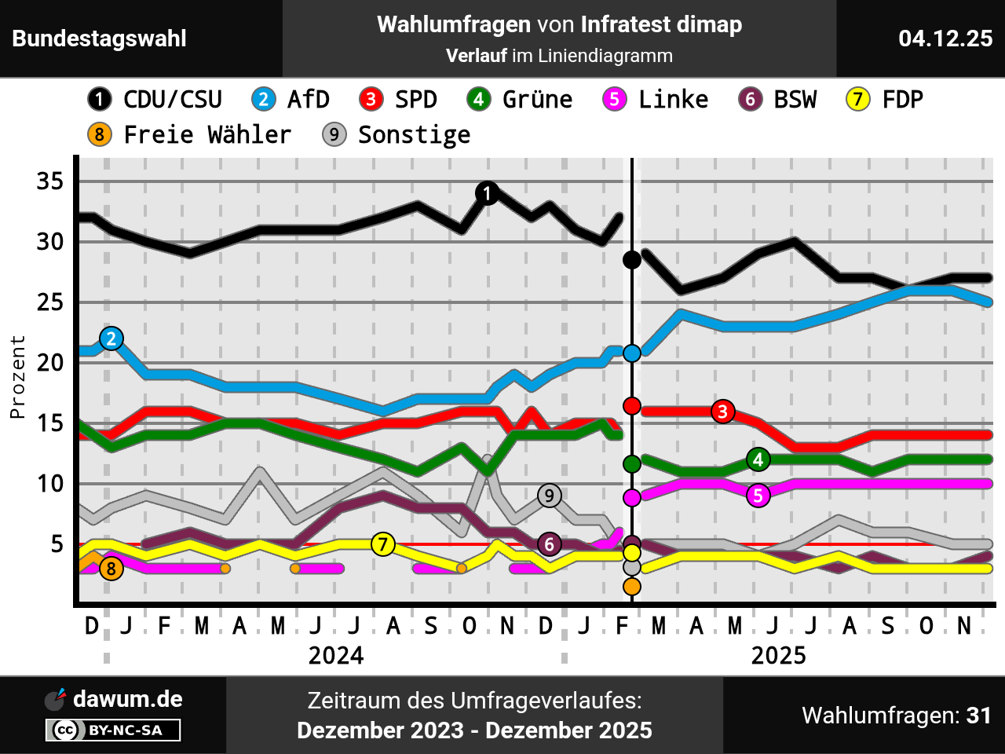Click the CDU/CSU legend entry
(155, 100)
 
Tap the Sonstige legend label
(414, 135)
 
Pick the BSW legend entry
(778, 100)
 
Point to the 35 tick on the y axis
(50, 181)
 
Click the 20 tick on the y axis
(50, 363)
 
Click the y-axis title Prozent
(17, 377)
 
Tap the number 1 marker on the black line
(488, 193)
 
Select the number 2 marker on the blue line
(111, 339)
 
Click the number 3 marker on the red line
(723, 411)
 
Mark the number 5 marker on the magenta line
(758, 496)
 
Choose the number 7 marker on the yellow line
(382, 544)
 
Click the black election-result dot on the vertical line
(632, 260)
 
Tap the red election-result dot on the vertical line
(632, 406)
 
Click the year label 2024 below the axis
(336, 655)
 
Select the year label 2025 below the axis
(778, 655)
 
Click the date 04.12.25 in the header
(945, 38)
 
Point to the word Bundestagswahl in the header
(100, 38)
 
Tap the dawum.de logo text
(127, 699)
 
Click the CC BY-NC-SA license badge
(113, 730)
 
